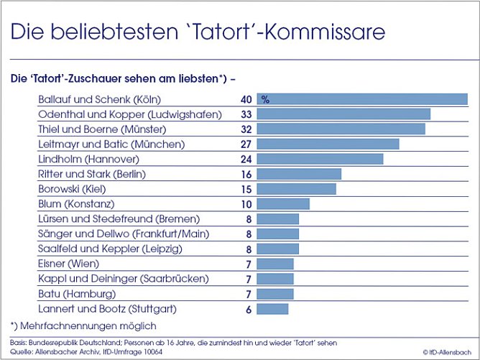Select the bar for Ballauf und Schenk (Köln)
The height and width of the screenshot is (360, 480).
point(362,99)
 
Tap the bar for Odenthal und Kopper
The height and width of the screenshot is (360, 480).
point(343,114)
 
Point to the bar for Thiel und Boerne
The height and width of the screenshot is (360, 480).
point(341,129)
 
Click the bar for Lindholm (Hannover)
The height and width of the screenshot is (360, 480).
point(320,159)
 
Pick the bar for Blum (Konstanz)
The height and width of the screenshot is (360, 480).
point(283,204)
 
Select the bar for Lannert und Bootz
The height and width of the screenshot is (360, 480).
point(272,309)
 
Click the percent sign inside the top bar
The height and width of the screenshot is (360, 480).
point(265,100)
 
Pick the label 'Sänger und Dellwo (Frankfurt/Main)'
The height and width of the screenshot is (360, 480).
point(118,234)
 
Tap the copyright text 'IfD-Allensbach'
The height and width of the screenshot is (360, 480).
point(448,351)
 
